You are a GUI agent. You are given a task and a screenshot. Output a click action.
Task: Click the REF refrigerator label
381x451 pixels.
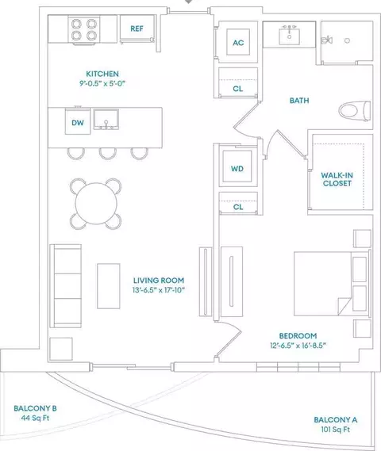pyautogui.click(x=137, y=29)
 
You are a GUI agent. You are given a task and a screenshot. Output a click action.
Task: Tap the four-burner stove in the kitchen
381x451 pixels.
pyautogui.click(x=84, y=29)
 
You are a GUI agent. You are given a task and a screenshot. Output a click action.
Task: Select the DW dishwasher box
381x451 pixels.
pyautogui.click(x=78, y=121)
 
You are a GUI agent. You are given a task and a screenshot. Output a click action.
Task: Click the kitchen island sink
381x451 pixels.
pyautogui.click(x=106, y=119)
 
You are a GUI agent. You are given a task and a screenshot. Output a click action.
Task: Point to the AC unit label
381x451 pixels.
pyautogui.click(x=238, y=43)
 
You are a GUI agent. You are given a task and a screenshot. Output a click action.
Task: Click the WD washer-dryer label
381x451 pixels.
pyautogui.click(x=237, y=169)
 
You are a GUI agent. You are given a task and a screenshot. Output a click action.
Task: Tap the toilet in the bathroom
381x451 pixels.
pyautogui.click(x=355, y=111)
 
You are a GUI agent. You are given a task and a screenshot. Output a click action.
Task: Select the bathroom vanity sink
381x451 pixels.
pyautogui.click(x=289, y=36)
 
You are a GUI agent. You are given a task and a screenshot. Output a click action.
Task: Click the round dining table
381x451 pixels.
pyautogui.click(x=96, y=204)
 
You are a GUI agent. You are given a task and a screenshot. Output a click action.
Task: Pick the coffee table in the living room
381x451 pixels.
pyautogui.click(x=109, y=286)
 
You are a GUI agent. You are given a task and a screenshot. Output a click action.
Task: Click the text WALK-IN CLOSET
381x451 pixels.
pyautogui.click(x=337, y=179)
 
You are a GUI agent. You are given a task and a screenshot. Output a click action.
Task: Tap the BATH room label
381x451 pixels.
pyautogui.click(x=299, y=101)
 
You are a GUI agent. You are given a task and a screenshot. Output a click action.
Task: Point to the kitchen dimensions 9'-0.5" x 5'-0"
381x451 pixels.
pyautogui.click(x=102, y=83)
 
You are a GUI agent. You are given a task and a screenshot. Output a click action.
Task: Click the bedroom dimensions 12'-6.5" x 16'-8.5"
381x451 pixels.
pyautogui.click(x=298, y=346)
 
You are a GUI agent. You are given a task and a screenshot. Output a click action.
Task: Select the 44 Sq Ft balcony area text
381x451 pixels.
pyautogui.click(x=35, y=418)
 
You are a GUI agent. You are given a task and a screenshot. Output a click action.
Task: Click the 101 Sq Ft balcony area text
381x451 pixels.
pyautogui.click(x=336, y=430)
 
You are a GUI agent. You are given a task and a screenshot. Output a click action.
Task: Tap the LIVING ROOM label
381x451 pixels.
pyautogui.click(x=159, y=280)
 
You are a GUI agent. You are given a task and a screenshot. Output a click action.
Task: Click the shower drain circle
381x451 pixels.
pyautogui.click(x=347, y=40)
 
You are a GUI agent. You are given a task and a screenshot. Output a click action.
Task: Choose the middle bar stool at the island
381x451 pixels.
pyautogui.click(x=108, y=153)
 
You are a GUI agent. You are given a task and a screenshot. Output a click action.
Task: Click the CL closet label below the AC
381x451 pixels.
pyautogui.click(x=237, y=89)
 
